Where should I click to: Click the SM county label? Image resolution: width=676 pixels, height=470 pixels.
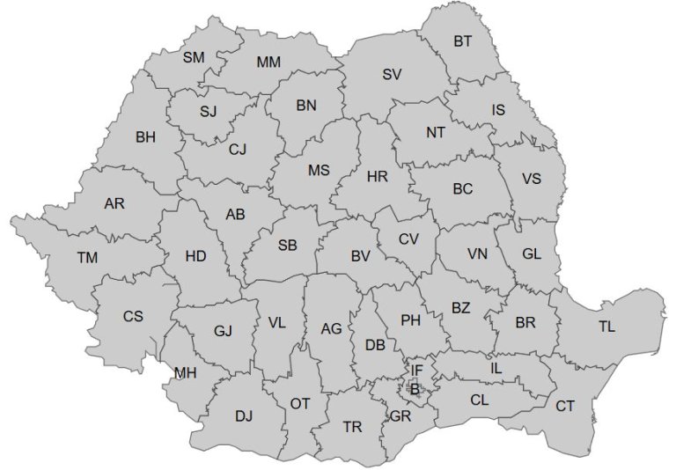click(194, 57)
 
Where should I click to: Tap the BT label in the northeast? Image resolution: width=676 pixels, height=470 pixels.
click(463, 41)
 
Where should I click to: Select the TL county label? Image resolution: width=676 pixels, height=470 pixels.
click(607, 327)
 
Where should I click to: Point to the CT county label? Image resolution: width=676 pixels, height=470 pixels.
click(565, 406)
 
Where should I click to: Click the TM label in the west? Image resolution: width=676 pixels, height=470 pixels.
click(87, 258)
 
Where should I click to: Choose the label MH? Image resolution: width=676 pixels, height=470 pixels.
click(185, 373)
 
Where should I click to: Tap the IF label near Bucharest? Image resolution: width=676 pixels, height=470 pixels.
click(417, 371)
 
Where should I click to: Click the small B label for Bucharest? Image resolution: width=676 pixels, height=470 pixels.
click(415, 387)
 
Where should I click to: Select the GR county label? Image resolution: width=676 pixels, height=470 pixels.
click(400, 415)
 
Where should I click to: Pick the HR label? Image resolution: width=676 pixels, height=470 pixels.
click(378, 177)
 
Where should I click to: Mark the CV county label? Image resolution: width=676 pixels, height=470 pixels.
click(408, 239)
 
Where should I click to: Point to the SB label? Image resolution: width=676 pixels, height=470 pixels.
click(288, 246)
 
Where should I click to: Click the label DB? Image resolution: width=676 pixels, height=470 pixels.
click(375, 345)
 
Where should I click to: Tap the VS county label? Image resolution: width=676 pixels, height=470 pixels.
click(532, 179)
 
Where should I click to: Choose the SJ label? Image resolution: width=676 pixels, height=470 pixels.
click(208, 112)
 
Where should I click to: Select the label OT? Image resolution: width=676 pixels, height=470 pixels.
click(300, 403)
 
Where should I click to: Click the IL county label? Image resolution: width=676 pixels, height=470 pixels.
click(496, 369)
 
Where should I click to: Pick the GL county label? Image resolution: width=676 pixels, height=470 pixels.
click(532, 253)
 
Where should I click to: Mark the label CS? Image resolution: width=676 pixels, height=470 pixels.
click(133, 316)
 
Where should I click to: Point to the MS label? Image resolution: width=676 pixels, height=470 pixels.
click(318, 171)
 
